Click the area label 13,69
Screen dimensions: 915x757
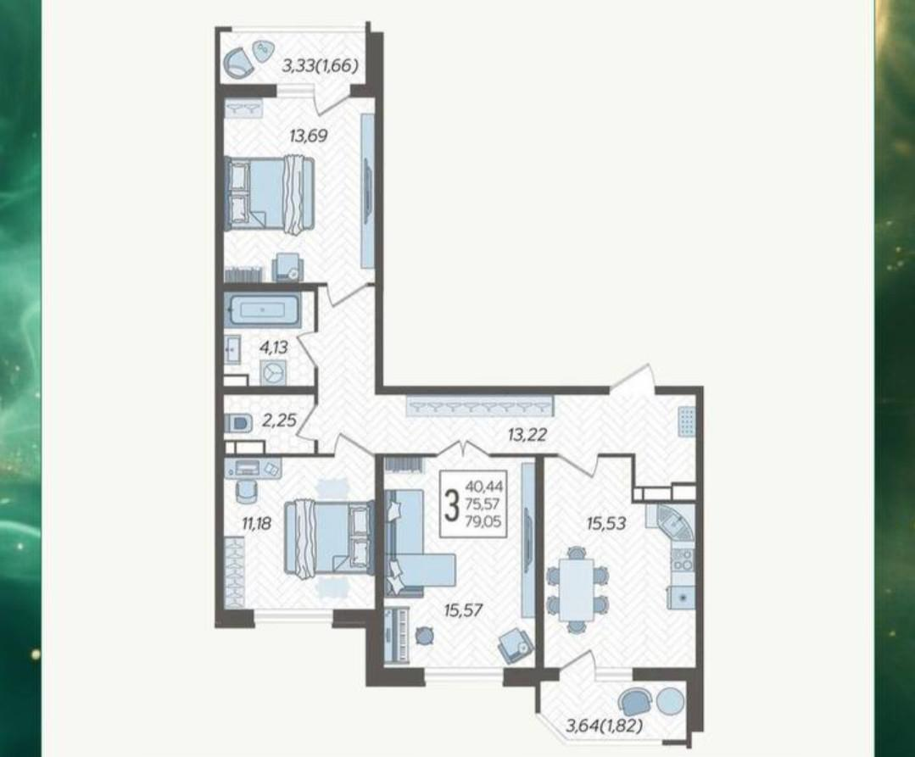click(x=309, y=136)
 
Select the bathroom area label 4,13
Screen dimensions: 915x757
click(x=274, y=348)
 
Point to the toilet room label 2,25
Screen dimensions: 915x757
click(x=280, y=420)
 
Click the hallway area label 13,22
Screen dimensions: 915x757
click(x=527, y=434)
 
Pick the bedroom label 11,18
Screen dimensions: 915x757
click(x=257, y=524)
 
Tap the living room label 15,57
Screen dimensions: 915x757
click(x=463, y=610)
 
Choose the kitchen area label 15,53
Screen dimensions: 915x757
click(x=606, y=523)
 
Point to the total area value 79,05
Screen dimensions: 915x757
click(x=483, y=522)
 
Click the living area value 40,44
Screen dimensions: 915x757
click(x=483, y=485)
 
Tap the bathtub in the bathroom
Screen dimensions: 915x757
click(x=262, y=309)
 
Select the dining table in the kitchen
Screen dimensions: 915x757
click(x=576, y=590)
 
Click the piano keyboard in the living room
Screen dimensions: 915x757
click(x=395, y=635)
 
